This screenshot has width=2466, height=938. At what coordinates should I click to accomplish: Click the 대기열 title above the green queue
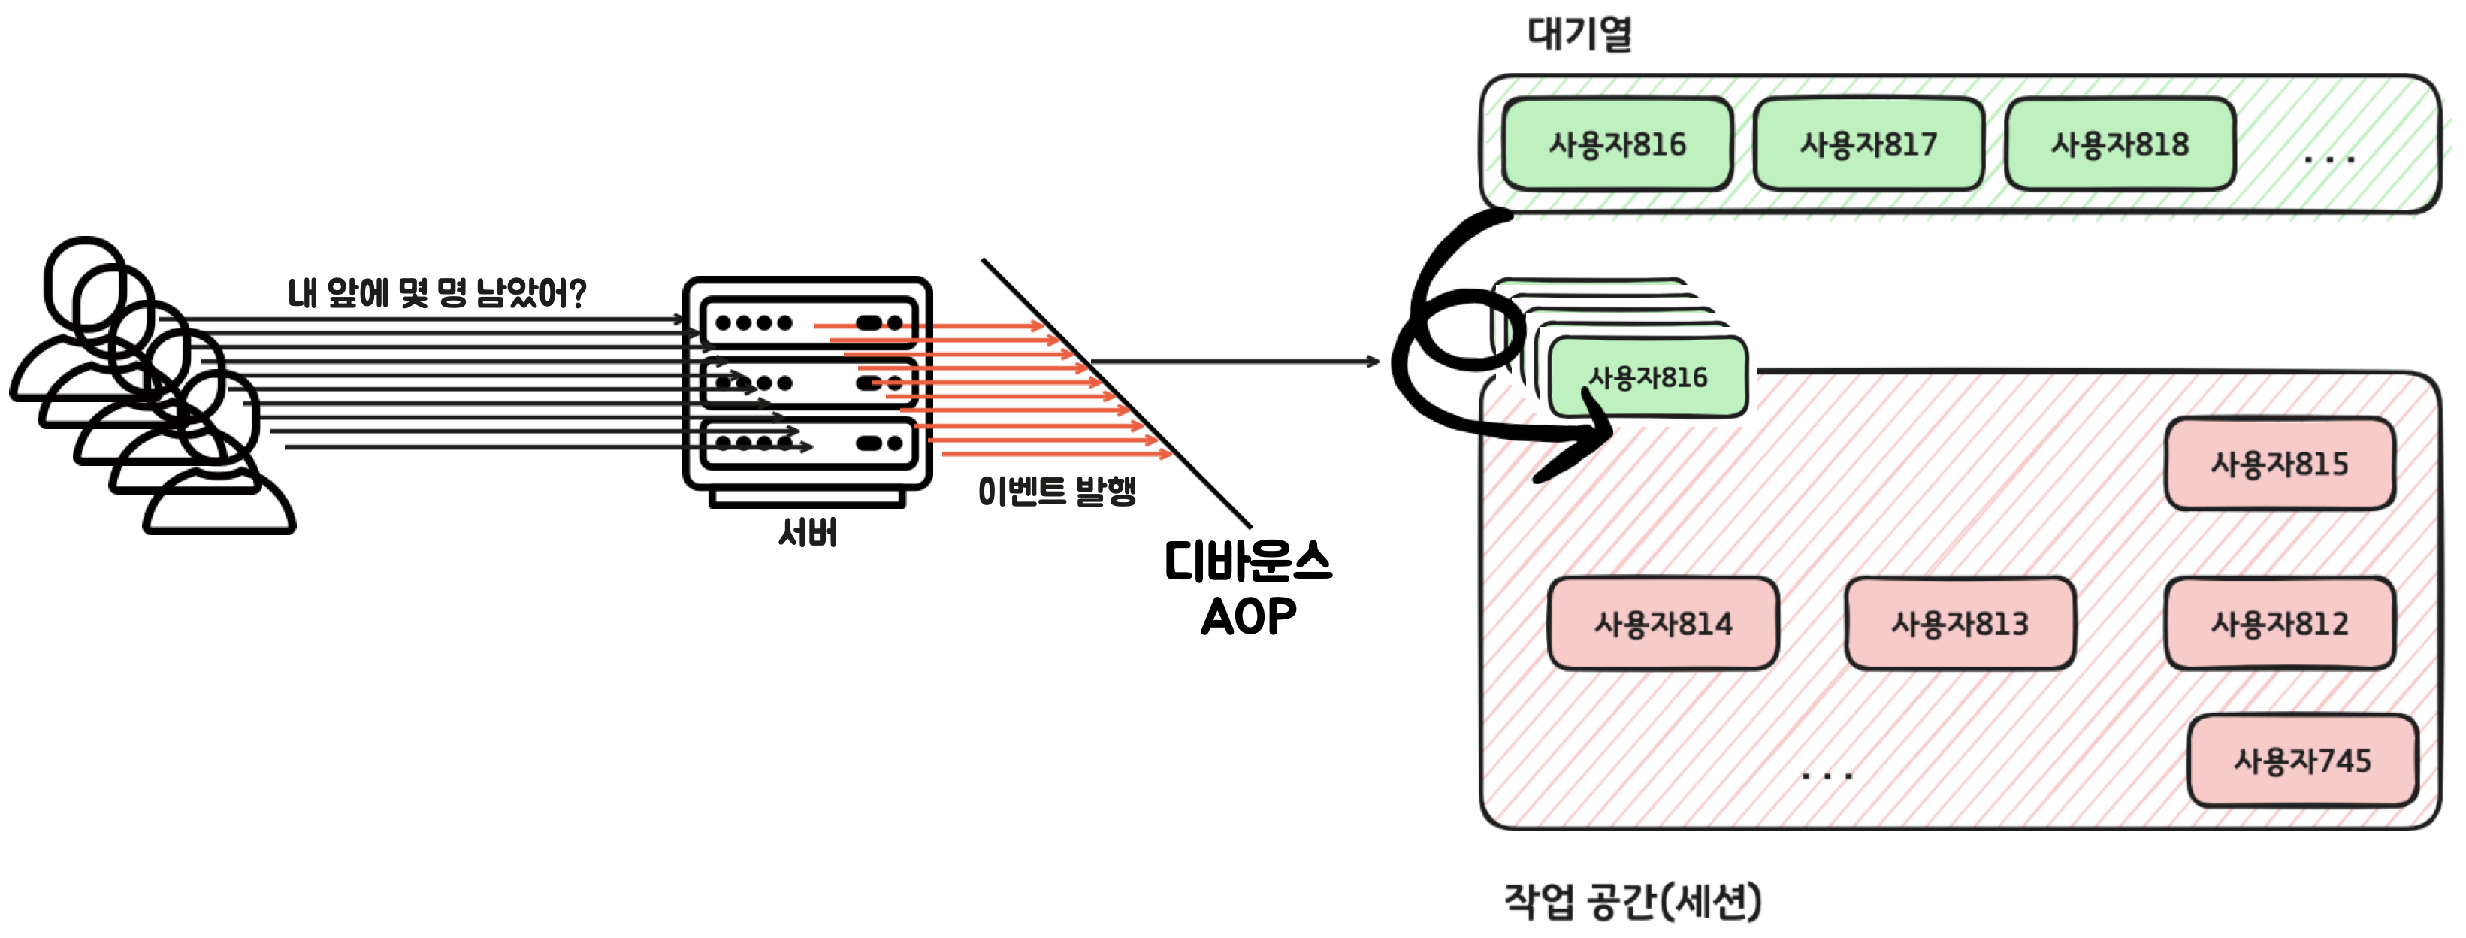pos(1579,34)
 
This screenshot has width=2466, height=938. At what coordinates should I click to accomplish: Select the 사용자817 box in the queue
pos(1868,144)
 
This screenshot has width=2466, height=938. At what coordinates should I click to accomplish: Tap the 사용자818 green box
pos(2120,144)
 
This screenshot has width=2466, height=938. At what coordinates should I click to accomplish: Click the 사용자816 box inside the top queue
pos(1617,144)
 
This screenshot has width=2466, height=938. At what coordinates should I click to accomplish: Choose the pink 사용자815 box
pos(2280,464)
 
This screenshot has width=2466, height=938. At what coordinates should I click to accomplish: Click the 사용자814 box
pos(1663,624)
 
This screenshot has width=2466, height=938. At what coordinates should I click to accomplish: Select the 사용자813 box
pos(1960,624)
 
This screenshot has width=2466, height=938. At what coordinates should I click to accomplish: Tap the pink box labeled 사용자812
pos(2280,624)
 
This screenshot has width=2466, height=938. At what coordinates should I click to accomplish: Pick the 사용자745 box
pos(2302,761)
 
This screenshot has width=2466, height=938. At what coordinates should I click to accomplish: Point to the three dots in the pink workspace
pos(1827,776)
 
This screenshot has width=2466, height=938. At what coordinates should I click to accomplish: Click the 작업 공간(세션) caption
pos(1632,900)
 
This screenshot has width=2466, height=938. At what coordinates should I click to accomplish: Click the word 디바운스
pos(1247,562)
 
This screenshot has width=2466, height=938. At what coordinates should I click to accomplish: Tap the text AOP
pos(1248,616)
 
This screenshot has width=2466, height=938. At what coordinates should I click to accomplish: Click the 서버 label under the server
pos(808,532)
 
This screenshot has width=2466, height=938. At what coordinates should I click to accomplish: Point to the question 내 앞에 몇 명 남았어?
pos(437,293)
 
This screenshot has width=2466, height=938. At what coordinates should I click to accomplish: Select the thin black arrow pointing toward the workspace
pos(1235,362)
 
